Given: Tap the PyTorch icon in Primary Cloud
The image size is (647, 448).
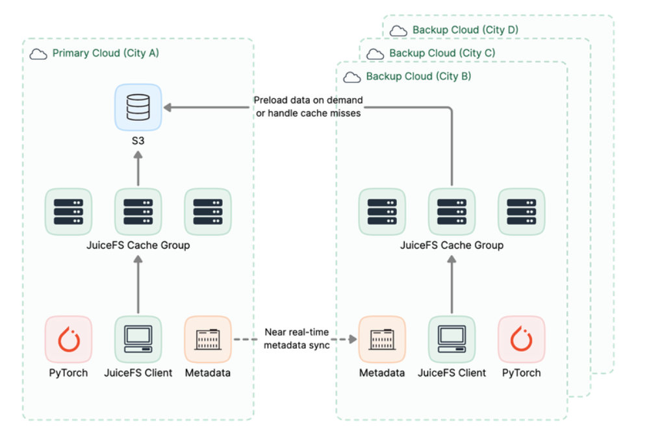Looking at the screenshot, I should coord(68,339).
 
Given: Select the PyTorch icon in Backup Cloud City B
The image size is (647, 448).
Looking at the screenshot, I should coord(521,339).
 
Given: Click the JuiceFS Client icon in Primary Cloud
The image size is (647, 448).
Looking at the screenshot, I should coord(138,339).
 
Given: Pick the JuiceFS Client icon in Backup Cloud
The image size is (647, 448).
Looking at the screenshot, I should coord(451,339).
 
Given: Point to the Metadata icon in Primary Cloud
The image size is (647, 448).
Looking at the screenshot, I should coord(207,339).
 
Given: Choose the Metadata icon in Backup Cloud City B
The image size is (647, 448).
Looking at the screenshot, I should coord(382,339).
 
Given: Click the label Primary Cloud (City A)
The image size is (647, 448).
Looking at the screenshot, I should coord(105,53).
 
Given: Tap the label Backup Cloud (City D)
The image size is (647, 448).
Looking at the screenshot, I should coord(465,30).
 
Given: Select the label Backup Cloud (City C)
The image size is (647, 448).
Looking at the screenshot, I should coord(442,53).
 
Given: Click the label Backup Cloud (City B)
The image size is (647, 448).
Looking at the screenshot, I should coord(418,77).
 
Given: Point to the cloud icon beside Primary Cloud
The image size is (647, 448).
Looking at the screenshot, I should coord(39,54).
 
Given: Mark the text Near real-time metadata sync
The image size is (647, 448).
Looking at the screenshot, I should coord(297,339).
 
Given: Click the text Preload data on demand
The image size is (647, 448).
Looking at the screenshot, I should coord(308,101).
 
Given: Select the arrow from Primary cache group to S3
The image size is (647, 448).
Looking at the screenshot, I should coord(138,169).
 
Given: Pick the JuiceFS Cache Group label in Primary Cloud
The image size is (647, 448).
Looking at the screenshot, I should coord(138,245).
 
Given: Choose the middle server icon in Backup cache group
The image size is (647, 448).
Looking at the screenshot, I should coord(451,212).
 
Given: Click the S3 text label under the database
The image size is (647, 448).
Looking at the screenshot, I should coord(138,140).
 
